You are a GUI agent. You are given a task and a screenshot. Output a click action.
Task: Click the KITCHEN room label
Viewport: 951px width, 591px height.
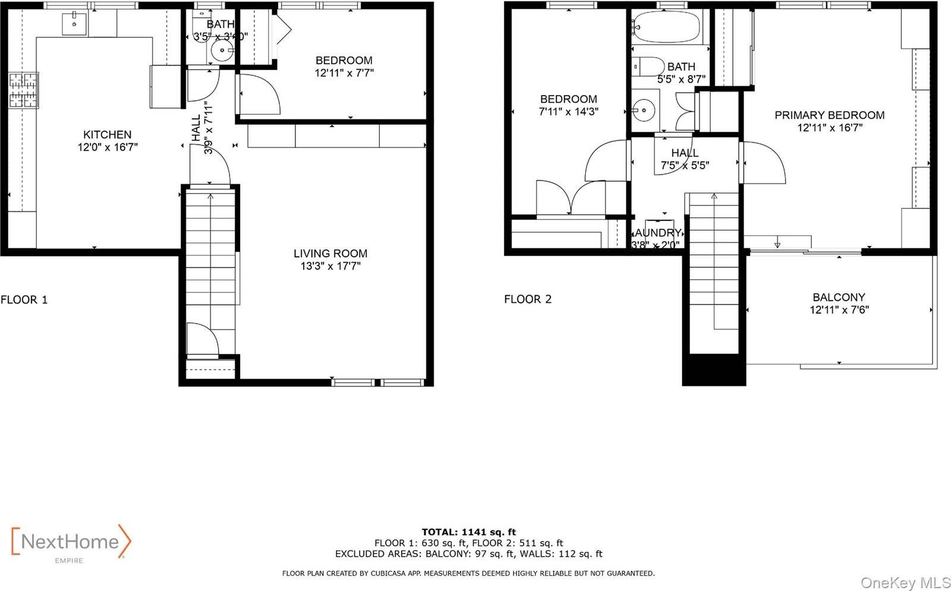pos(107,135)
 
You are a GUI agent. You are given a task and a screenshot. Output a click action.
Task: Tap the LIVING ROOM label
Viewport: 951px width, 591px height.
pos(330,254)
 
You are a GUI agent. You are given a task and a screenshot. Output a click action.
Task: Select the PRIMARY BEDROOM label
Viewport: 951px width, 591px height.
pos(829,115)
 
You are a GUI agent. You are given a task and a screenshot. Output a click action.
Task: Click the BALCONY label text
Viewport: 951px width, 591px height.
pos(839,297)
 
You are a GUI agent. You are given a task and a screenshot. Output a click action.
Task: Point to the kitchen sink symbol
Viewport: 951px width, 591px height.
pos(74,24)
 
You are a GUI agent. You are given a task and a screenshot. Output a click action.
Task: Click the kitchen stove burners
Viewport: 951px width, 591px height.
pos(23,90)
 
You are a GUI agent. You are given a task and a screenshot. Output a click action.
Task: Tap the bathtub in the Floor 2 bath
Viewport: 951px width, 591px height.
pos(666,27)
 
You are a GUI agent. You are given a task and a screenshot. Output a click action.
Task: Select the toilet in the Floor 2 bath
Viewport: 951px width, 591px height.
pos(648,67)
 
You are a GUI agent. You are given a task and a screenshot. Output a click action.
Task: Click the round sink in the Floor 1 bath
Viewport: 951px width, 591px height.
pos(222,51)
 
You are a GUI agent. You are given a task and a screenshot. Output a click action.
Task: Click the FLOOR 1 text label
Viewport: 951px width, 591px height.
pos(24,299)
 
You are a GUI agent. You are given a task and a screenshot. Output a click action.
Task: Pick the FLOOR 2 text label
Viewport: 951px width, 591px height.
pos(528,299)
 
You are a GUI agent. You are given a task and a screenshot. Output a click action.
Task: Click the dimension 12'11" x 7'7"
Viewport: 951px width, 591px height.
pos(344,73)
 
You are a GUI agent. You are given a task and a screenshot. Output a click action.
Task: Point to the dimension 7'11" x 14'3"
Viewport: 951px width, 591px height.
pos(568,112)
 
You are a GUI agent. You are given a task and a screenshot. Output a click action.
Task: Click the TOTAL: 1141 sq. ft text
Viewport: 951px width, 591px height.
pos(469,532)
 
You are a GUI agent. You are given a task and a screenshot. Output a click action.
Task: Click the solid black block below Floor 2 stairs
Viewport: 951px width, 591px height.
pos(713,370)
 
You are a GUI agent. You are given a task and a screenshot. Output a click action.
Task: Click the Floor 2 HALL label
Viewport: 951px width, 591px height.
pos(685,153)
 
